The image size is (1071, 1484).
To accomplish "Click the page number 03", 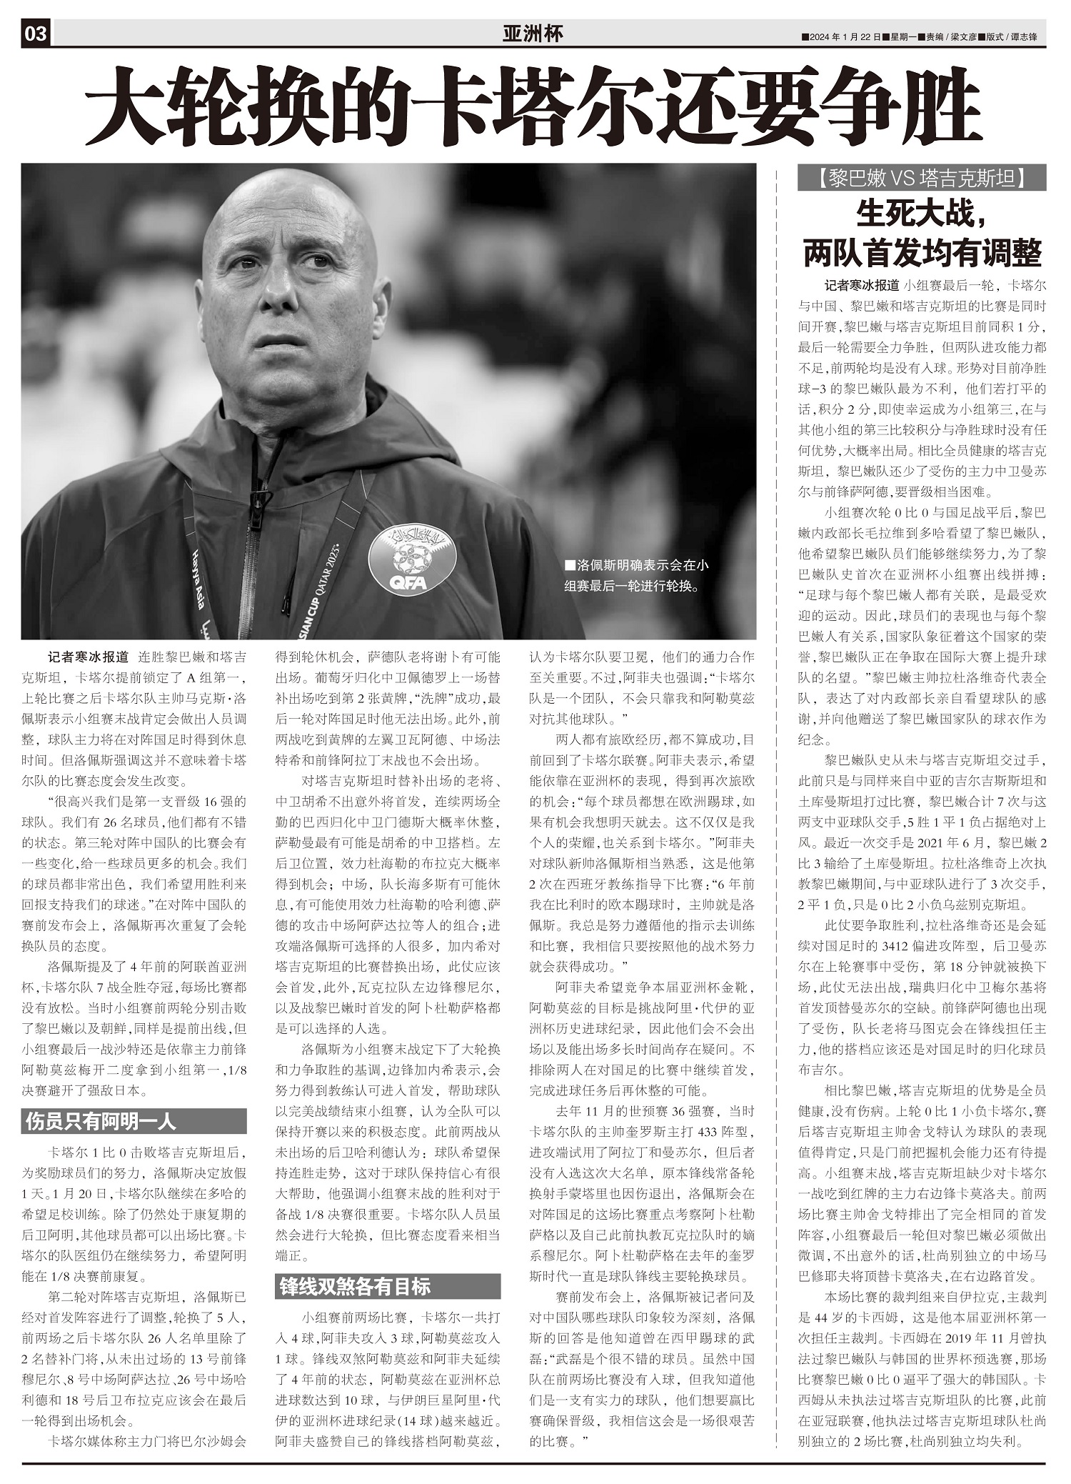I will (36, 34).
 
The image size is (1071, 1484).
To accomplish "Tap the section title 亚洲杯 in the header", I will (533, 34).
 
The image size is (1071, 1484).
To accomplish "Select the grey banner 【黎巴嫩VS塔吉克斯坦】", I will (921, 178).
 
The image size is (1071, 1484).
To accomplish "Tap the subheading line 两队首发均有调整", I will (921, 252).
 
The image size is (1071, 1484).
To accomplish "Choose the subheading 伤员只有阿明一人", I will (100, 1121).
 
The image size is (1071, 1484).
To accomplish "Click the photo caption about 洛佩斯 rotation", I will (635, 576).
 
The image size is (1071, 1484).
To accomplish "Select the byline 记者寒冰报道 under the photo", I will (88, 657).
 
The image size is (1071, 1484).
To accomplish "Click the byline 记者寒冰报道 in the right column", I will (861, 285).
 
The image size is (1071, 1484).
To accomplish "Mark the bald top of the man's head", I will (293, 196).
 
